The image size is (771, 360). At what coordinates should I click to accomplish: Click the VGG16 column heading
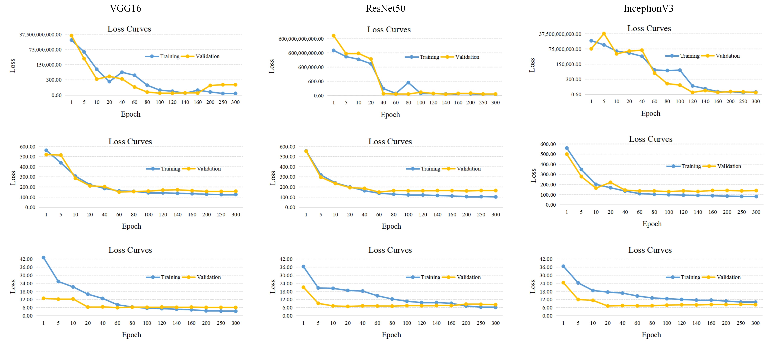pos(125,8)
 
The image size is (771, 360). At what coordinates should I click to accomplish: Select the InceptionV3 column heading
pos(648,8)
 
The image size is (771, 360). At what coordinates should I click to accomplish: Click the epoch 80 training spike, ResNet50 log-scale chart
pos(408,83)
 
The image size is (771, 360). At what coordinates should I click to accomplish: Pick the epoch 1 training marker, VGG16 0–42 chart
pos(44,258)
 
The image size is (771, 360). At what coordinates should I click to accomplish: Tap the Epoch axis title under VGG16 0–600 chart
pos(131,226)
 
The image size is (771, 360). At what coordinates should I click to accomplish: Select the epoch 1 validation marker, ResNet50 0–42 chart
pos(304,287)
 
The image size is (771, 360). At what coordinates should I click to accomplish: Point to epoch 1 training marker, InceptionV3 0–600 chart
pos(567,148)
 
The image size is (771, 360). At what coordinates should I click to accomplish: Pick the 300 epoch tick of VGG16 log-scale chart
pos(235,102)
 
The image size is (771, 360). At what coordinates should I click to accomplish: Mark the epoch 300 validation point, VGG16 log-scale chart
pos(235,85)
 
